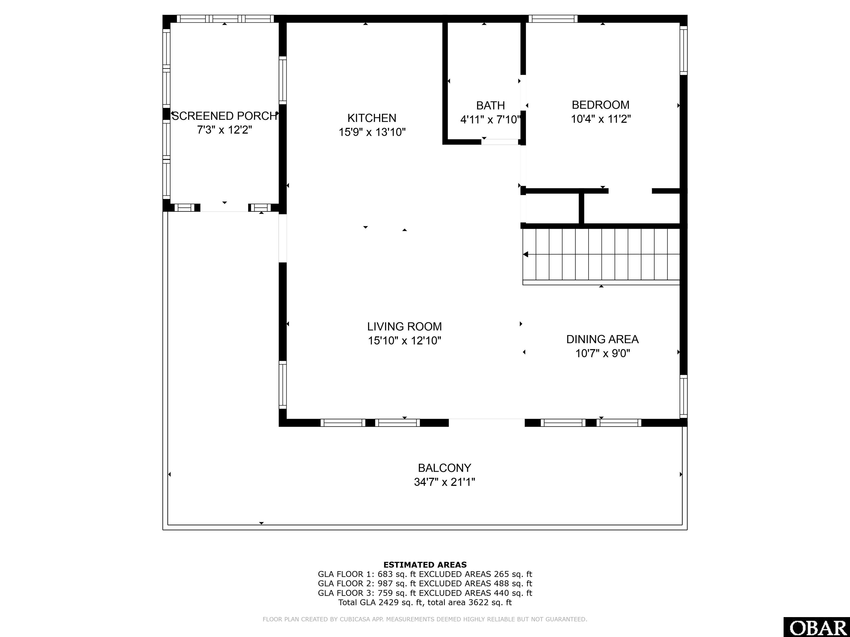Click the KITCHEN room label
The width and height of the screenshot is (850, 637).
click(372, 118)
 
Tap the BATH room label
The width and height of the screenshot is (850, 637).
click(490, 105)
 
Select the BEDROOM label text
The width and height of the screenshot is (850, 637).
click(601, 105)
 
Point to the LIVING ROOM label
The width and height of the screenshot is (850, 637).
click(404, 326)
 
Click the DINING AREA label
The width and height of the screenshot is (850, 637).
click(602, 339)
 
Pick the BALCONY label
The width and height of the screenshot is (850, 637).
click(444, 468)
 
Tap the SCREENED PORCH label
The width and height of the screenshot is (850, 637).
click(224, 116)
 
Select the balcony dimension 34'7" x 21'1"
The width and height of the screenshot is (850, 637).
click(444, 482)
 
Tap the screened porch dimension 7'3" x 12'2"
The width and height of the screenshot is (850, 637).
click(224, 130)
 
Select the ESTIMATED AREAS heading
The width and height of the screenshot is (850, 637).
click(425, 565)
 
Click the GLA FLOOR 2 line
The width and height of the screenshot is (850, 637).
click(425, 584)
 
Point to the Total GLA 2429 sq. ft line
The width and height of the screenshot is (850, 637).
click(425, 602)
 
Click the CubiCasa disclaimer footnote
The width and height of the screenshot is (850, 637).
click(425, 619)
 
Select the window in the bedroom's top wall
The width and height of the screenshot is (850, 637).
click(553, 19)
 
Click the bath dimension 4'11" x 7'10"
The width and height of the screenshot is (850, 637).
click(490, 120)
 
